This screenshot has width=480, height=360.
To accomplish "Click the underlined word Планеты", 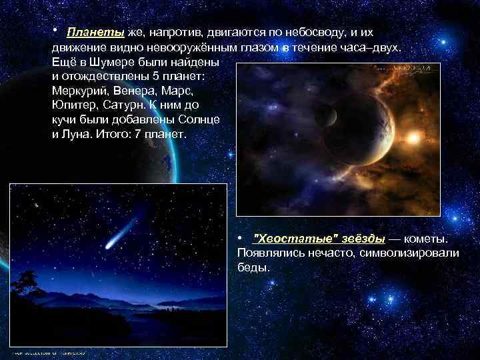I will point(95,33).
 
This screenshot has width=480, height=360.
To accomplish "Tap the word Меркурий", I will point(79,91).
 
